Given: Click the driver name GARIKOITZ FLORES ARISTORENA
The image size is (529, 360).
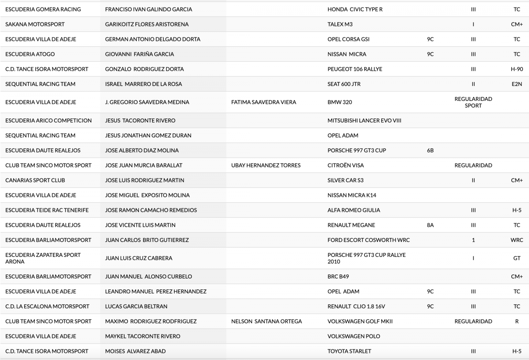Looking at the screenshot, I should (x=147, y=24).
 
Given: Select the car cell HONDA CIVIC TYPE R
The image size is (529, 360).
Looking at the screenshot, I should (x=355, y=9).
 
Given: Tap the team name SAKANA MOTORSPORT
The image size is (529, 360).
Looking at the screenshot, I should (x=35, y=24).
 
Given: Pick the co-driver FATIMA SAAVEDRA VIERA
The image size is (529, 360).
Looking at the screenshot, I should (x=264, y=102).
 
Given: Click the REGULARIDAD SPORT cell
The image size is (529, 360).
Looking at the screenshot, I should (x=473, y=102).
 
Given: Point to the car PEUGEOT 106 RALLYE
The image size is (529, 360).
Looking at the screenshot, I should (x=355, y=69).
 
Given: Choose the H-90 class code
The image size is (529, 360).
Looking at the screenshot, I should (x=517, y=69).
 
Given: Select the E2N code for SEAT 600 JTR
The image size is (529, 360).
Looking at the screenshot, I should (x=517, y=84).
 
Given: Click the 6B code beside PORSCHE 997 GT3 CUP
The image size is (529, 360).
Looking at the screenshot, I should (x=430, y=150).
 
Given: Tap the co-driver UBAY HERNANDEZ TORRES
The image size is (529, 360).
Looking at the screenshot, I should (x=266, y=165).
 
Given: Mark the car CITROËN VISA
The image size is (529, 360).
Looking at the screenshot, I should (x=346, y=165).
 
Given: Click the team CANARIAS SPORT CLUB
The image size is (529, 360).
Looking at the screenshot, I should (x=35, y=180).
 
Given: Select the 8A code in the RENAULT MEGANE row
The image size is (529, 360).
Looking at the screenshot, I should (x=430, y=225).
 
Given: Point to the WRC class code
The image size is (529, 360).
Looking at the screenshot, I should (x=517, y=240).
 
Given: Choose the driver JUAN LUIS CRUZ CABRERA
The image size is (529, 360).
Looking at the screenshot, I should (x=139, y=258).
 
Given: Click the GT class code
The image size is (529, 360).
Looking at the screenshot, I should (x=517, y=258).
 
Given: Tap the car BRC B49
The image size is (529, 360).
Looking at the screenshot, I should (x=338, y=277).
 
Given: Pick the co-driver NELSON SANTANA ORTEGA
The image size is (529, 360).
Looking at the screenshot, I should (x=267, y=321).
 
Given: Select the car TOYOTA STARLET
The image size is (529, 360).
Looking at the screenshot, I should (x=349, y=351).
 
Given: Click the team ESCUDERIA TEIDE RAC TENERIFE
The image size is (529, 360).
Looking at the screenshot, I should (x=47, y=210).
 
